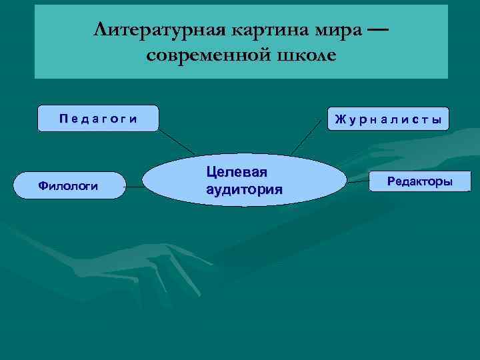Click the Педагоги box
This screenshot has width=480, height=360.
pyautogui.click(x=98, y=119)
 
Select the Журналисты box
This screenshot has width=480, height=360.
pyautogui.click(x=388, y=119)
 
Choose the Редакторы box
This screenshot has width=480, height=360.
pyautogui.click(x=419, y=181)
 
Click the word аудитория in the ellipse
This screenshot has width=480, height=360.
pyautogui.click(x=245, y=189)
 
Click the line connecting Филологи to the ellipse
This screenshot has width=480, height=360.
pyautogui.click(x=134, y=187)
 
